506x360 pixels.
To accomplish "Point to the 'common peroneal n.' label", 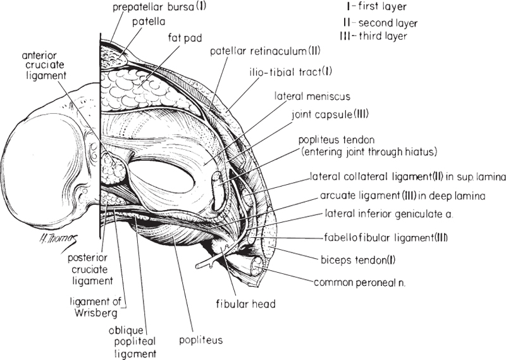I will [x=360, y=282].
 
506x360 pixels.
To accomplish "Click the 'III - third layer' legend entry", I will [x=375, y=36].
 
